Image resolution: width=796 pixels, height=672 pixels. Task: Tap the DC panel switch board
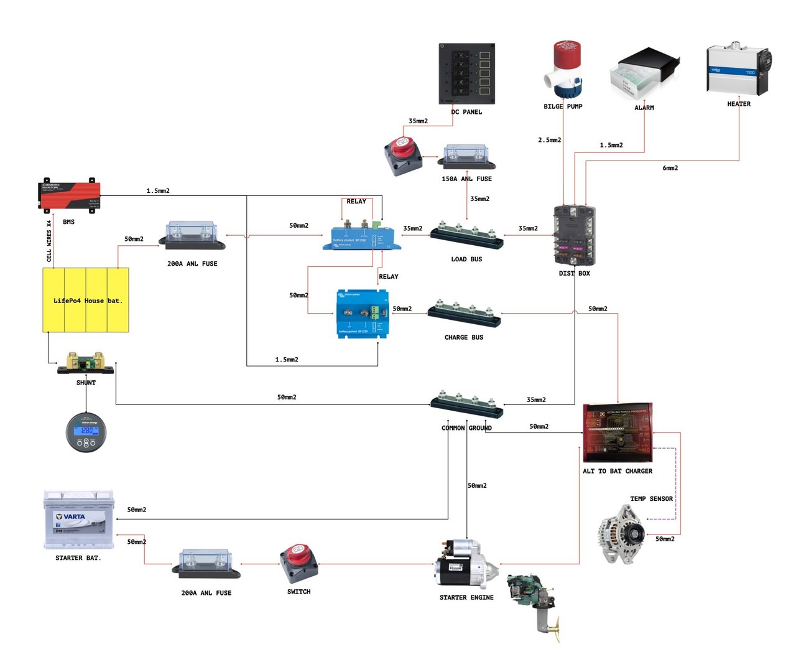tap(466, 73)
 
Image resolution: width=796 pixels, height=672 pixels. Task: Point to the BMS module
tap(69, 195)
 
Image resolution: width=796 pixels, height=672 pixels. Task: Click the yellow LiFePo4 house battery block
tap(86, 300)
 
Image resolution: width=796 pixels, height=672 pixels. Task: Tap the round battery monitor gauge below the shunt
tap(86, 431)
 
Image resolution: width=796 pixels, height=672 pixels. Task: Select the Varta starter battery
tap(79, 520)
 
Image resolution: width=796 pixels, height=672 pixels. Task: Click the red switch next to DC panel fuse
tap(402, 156)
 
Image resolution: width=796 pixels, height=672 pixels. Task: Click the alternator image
tap(621, 534)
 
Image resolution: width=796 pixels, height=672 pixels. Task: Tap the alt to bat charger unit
tap(618, 432)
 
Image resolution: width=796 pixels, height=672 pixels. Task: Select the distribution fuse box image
tap(574, 236)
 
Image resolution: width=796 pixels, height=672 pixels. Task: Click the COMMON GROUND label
tap(466, 428)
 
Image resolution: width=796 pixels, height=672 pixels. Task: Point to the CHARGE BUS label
tap(463, 337)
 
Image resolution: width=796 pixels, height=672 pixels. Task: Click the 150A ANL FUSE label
tap(466, 179)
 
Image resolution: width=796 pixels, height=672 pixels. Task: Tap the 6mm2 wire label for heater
tap(670, 168)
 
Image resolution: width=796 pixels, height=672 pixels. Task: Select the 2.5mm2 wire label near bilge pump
tap(549, 140)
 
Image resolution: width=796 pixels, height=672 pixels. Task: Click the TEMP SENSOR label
tap(651, 498)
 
